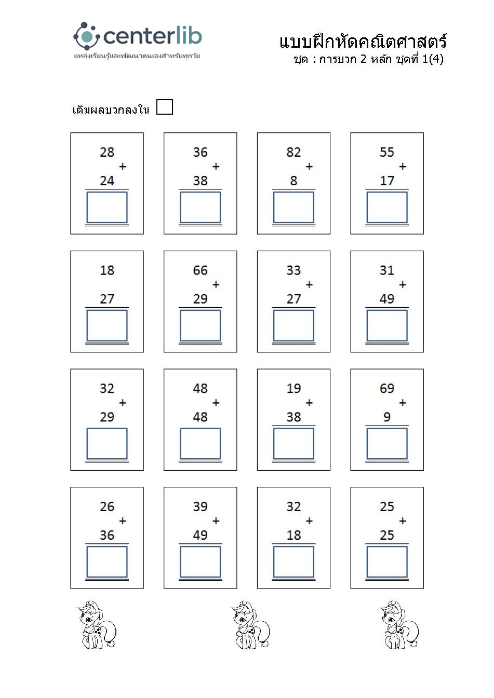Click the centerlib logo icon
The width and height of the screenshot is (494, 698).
(86, 36)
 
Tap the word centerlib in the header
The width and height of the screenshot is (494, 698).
(152, 36)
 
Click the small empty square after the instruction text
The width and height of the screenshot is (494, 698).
(164, 107)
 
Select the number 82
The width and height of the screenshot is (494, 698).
(293, 152)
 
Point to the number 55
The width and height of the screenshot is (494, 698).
(387, 152)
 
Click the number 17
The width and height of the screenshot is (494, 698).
(387, 181)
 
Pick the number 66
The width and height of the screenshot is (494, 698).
(200, 270)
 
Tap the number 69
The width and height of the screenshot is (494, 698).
(387, 388)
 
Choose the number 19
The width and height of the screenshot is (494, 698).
(293, 388)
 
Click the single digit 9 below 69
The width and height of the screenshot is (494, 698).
(387, 417)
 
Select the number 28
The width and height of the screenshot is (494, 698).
(107, 152)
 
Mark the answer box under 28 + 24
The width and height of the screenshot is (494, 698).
(107, 208)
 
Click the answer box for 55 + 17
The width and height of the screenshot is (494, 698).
(387, 208)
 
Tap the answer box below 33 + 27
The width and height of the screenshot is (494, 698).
(293, 325)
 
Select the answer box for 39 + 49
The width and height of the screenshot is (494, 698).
(200, 562)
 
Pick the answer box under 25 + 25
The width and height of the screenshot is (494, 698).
(387, 562)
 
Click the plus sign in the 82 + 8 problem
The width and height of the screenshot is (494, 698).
(309, 167)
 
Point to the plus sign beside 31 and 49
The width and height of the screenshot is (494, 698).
(403, 284)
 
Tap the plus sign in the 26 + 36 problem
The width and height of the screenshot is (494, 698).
(123, 521)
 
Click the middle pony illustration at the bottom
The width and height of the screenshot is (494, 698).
(250, 625)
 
